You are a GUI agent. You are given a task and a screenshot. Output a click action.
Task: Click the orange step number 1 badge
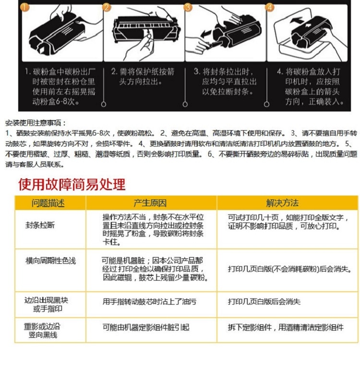(25, 7)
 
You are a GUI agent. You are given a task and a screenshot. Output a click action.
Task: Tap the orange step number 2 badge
(107, 7)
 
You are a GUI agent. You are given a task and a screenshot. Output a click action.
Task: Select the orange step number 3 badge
(188, 7)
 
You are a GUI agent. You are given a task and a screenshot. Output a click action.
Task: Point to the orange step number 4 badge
(270, 7)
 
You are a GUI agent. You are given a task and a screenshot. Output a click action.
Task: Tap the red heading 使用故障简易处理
(72, 185)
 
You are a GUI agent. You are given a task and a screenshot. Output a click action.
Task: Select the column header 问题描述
(48, 203)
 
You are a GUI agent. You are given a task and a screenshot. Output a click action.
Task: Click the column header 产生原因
(150, 203)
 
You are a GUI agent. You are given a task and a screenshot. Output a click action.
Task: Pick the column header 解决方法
(282, 203)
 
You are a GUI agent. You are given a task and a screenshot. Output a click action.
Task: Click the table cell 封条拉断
(40, 225)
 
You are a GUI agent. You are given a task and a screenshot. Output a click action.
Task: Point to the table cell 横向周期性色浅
(50, 261)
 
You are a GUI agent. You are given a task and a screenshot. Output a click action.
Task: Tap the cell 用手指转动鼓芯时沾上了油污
(149, 301)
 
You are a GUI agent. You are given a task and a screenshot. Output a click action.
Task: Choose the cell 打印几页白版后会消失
(264, 301)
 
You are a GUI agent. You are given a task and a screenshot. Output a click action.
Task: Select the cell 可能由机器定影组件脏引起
(146, 327)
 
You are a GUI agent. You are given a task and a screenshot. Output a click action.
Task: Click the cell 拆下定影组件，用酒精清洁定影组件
(286, 327)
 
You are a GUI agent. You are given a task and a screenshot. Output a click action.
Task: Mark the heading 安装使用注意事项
(36, 123)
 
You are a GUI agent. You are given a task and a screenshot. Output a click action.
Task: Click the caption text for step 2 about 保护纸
(143, 76)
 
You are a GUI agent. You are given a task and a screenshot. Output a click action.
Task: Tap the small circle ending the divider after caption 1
(104, 104)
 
